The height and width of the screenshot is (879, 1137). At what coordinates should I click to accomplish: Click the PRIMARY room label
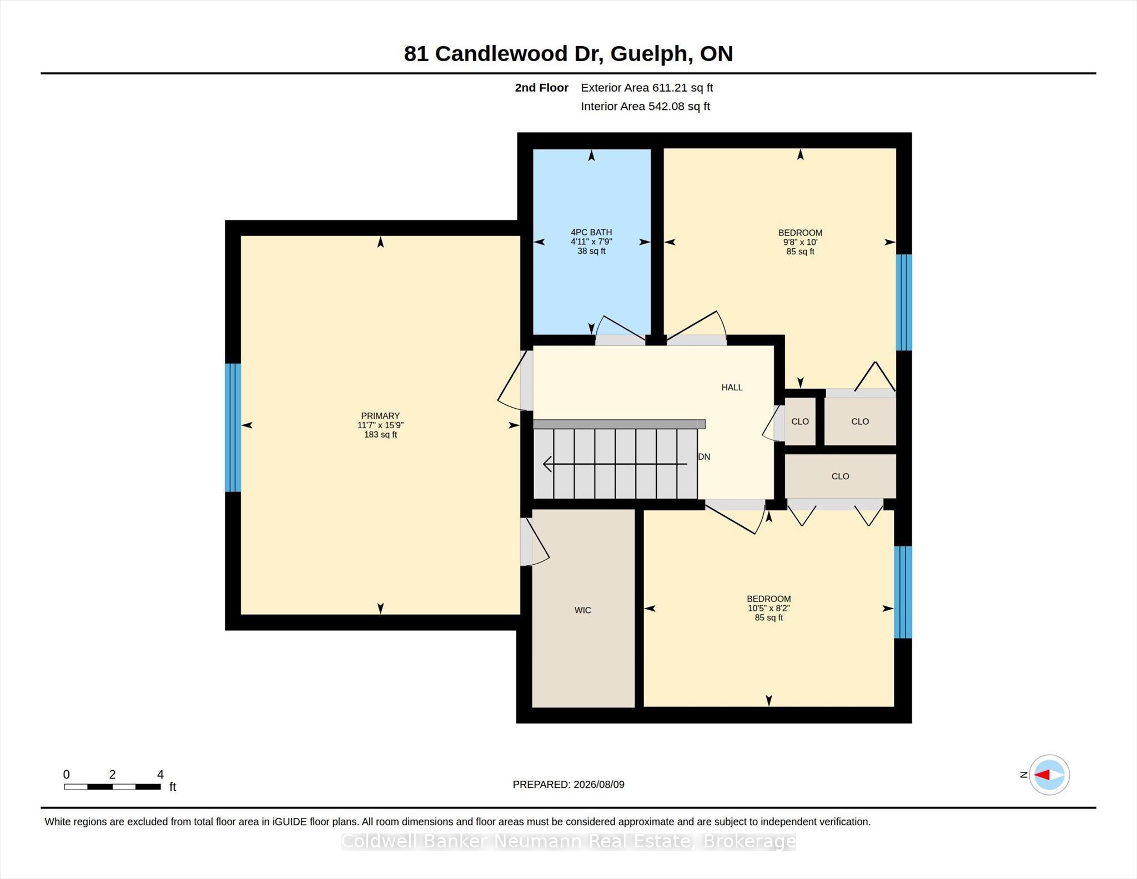pos(380,416)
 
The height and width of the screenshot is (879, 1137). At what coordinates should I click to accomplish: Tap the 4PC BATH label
pos(591,233)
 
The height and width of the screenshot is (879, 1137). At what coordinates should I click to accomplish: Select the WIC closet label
pos(582,610)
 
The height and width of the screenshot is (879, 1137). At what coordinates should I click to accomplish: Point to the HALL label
pos(732,388)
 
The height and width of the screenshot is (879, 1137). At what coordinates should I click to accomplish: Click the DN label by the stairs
pos(704,457)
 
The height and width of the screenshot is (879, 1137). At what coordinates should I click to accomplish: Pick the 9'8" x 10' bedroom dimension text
pos(800,242)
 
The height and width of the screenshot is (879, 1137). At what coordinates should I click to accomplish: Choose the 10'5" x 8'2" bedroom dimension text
pos(768,608)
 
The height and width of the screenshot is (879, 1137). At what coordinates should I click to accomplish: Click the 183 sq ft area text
pos(380,435)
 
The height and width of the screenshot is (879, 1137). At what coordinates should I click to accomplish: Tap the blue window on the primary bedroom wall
pos(233,428)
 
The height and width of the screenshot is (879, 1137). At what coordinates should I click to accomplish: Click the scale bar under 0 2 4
pos(112,787)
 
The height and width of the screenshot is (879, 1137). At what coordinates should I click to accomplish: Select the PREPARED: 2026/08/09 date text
pos(568,785)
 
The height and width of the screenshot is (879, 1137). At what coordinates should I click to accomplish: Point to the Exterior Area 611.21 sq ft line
pos(647,88)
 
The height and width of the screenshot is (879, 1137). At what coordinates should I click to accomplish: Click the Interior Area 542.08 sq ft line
pos(645,107)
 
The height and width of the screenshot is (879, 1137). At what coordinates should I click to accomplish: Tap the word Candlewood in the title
pos(502,54)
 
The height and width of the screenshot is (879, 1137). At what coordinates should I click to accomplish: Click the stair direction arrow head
pos(547,464)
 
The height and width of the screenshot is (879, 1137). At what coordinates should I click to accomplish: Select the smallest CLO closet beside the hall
pos(800,421)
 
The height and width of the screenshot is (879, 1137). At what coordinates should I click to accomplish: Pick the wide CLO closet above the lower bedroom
pos(840,476)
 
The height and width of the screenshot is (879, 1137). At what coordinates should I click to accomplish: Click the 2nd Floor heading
pos(541,88)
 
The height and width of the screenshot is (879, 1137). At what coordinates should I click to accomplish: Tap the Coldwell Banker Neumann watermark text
pos(568,842)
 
